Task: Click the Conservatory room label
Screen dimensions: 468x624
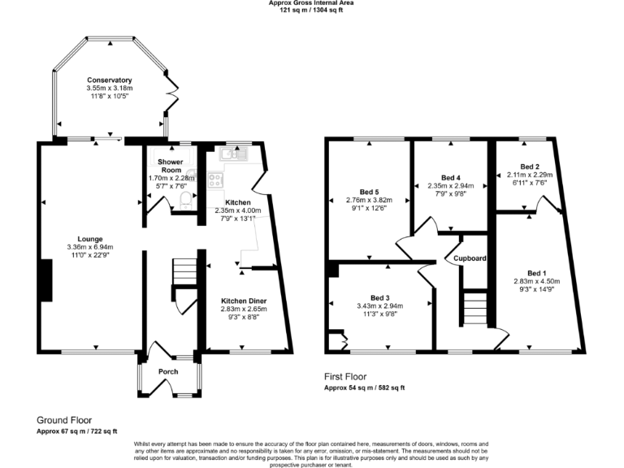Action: (110, 80)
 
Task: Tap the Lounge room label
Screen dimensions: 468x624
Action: (89, 239)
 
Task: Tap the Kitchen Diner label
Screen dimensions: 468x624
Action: (244, 301)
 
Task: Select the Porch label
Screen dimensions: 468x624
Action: (168, 371)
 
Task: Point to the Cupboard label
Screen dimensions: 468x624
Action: (470, 258)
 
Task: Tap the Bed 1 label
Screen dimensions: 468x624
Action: (537, 272)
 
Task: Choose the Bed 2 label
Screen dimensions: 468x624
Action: (530, 166)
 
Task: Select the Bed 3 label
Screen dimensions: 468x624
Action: (380, 297)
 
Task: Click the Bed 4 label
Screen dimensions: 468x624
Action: (450, 177)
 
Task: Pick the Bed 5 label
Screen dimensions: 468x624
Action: (370, 191)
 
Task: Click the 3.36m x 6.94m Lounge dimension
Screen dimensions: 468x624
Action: (89, 247)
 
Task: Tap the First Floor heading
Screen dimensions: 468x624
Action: (345, 377)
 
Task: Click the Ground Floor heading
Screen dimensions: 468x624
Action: (66, 420)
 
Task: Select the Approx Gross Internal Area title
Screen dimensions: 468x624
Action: (311, 3)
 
